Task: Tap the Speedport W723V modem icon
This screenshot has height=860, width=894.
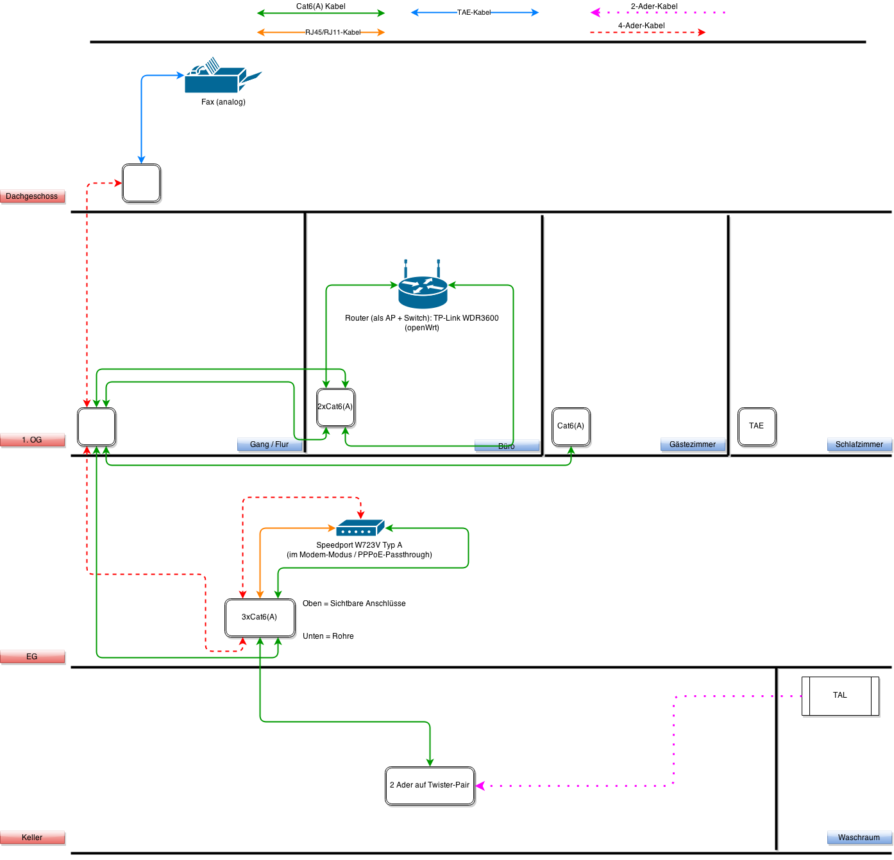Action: pos(360,528)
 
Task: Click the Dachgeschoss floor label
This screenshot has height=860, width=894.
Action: pos(32,196)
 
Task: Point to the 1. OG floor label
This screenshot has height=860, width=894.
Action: pos(32,440)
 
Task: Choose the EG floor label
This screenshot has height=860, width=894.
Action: pos(32,657)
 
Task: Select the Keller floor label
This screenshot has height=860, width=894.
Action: pos(32,838)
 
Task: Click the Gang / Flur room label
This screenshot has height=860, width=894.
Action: pos(269,444)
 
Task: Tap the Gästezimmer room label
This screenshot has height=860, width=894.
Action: pos(693,444)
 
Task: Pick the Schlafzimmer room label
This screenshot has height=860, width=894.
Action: pos(859,444)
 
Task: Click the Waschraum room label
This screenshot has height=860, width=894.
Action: pos(859,838)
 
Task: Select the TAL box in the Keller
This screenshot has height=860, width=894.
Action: pos(840,696)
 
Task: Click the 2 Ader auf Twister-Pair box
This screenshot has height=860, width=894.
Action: pos(430,786)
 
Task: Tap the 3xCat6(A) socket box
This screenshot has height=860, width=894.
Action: pos(260,618)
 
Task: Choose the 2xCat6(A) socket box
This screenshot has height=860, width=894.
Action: pos(335,407)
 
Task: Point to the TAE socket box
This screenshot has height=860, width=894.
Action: pos(757,426)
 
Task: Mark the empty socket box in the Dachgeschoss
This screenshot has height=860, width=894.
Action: pos(141,183)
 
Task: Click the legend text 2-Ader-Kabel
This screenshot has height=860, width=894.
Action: pos(654,6)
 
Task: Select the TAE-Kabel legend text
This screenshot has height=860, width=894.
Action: pos(474,12)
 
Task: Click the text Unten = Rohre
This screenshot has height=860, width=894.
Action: pos(328,636)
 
